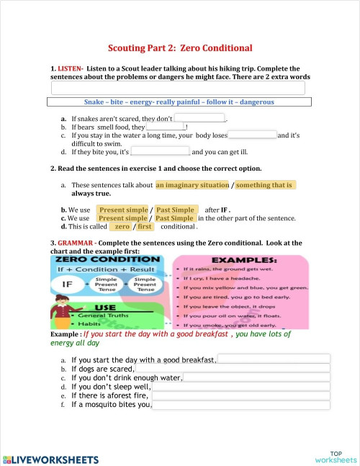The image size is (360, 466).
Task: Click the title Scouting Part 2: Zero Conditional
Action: pyautogui.click(x=180, y=48)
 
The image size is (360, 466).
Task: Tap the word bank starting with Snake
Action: pyautogui.click(x=179, y=102)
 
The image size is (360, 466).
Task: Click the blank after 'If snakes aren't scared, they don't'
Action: pyautogui.click(x=200, y=118)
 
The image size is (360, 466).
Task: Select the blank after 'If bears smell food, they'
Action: pyautogui.click(x=165, y=127)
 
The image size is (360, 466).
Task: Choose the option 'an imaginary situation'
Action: pyautogui.click(x=193, y=185)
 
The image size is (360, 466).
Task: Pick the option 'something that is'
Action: pyautogui.click(x=266, y=185)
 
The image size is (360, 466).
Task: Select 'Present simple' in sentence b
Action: pyautogui.click(x=122, y=210)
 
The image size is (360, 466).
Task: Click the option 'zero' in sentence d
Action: pyautogui.click(x=122, y=227)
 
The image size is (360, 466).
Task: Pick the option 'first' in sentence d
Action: pyautogui.click(x=145, y=227)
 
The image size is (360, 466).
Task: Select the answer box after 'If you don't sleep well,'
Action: pyautogui.click(x=240, y=387)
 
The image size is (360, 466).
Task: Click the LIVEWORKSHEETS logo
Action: pyautogui.click(x=50, y=458)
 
